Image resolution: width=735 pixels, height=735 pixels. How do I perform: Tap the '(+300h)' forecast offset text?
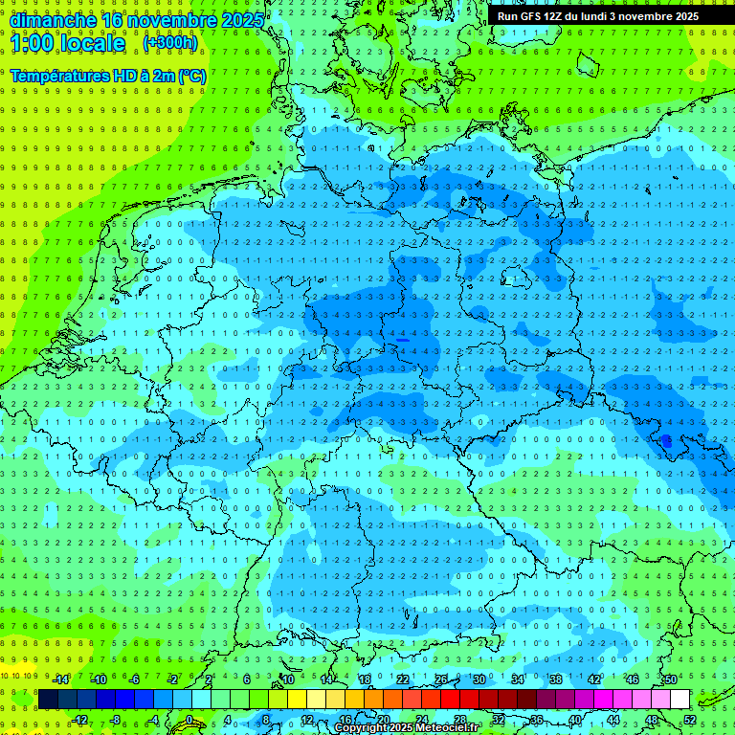point(170,43)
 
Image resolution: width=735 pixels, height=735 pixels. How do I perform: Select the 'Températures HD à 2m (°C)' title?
point(108,75)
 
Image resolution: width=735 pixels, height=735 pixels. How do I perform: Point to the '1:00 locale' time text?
point(68,44)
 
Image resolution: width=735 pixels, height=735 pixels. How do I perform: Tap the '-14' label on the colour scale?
point(60,679)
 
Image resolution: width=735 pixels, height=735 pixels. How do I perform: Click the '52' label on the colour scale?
point(691,720)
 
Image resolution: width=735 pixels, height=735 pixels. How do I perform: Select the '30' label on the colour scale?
point(479,679)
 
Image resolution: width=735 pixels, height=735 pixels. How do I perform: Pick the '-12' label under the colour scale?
point(79,720)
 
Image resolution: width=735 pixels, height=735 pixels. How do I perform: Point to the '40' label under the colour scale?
point(575,720)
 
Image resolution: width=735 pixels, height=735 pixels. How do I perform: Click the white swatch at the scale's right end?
point(679,700)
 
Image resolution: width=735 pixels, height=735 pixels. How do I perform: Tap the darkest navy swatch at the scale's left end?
point(48,700)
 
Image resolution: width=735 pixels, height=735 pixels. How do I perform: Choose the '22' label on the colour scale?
point(403,679)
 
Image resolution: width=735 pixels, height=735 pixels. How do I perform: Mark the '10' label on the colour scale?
point(288,679)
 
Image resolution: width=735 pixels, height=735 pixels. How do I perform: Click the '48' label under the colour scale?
point(652,720)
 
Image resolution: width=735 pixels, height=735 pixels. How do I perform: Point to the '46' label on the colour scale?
point(633,679)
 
